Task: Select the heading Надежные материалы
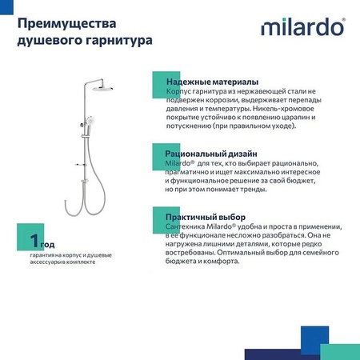[211, 82]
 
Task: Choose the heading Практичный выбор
[205, 217]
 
